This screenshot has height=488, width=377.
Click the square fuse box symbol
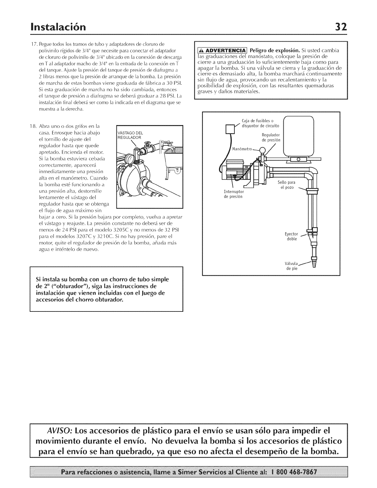pos(230,128)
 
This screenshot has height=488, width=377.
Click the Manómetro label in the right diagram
pos(242,149)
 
